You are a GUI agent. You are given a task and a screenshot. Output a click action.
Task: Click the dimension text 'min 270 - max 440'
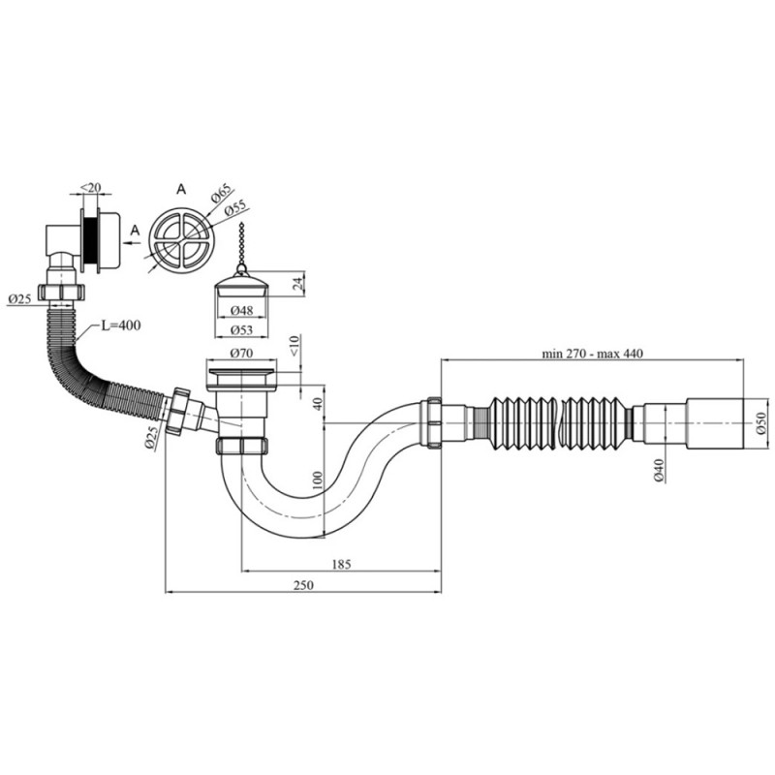tap(593, 353)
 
